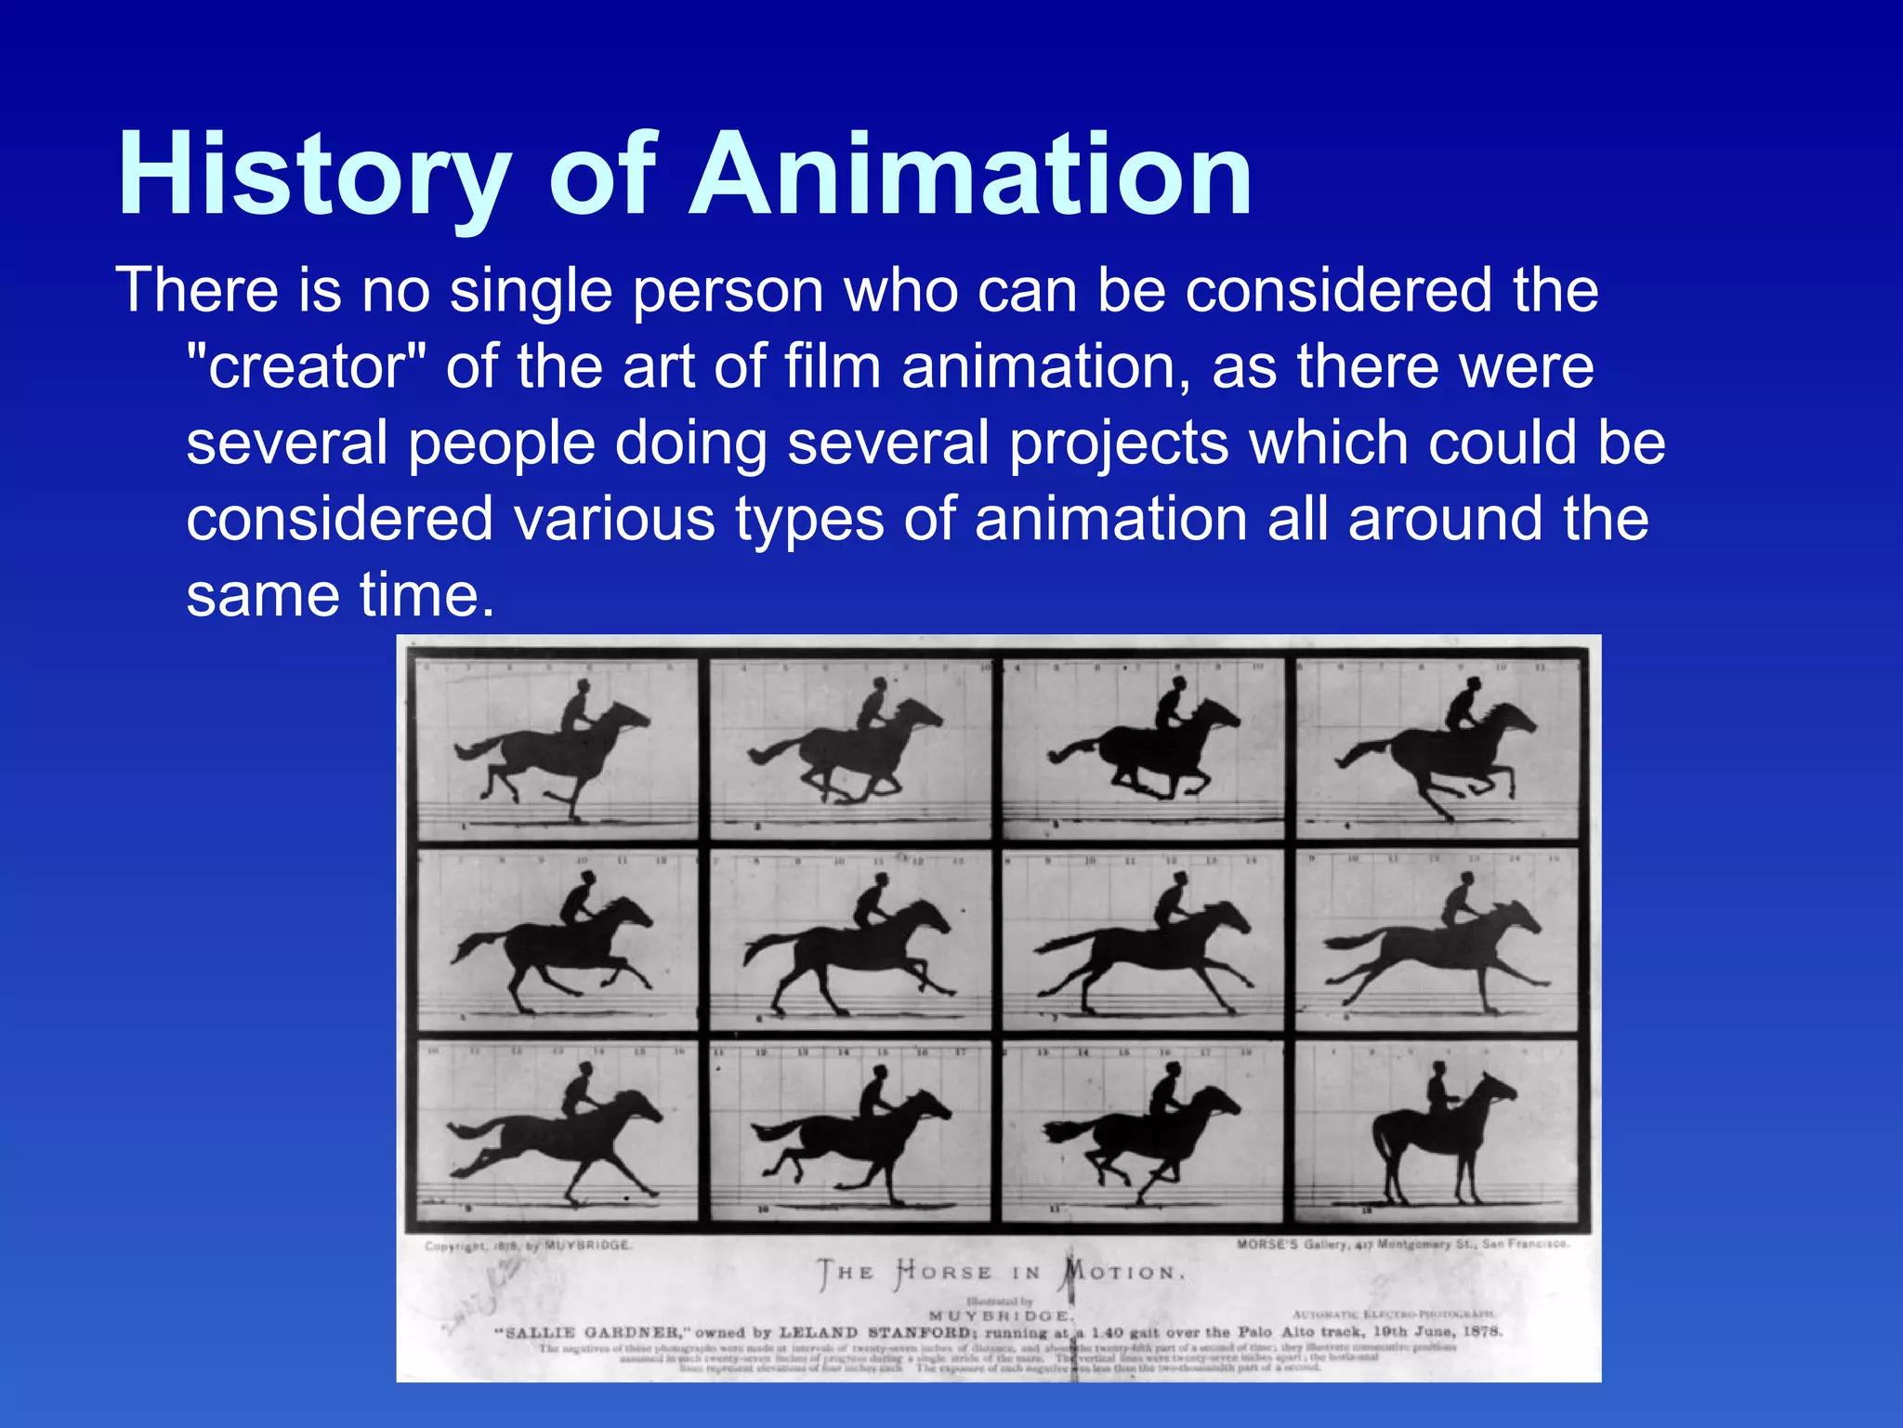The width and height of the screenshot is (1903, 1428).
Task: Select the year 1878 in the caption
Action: pyautogui.click(x=1482, y=1331)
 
